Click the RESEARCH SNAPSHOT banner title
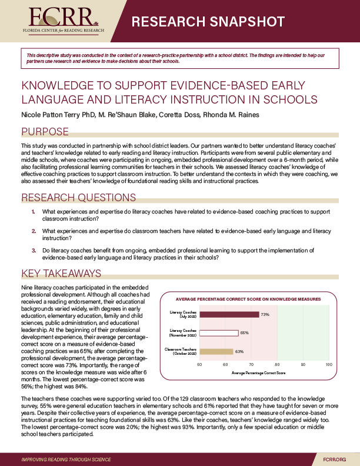click(x=208, y=22)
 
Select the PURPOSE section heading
click(x=45, y=132)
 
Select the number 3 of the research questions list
click(x=34, y=250)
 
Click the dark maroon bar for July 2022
click(x=229, y=314)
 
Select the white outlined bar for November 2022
click(x=219, y=333)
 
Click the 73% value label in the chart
click(x=265, y=315)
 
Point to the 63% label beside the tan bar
click(x=239, y=352)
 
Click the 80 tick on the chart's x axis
click(x=277, y=365)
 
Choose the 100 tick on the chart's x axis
click(x=328, y=365)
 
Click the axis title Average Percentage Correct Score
click(x=258, y=373)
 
